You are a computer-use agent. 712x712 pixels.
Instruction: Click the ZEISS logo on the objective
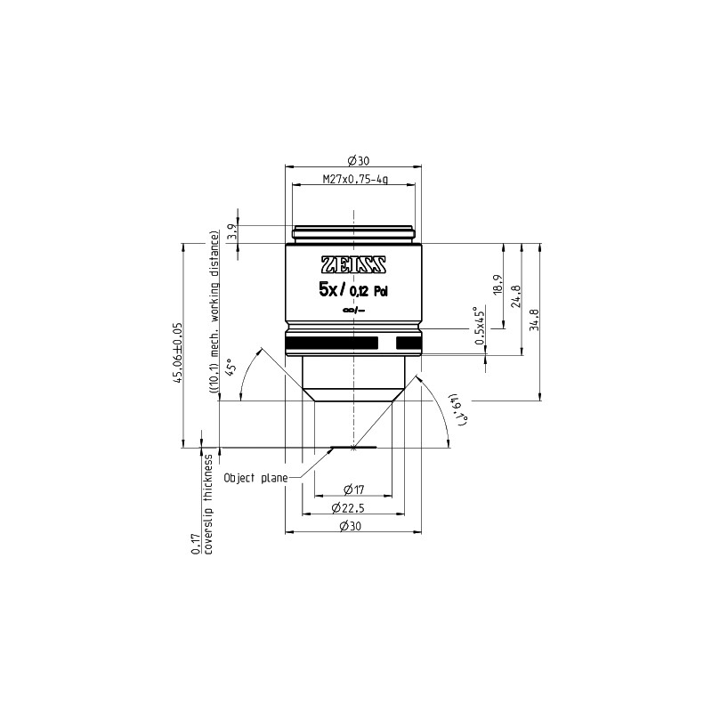tap(353, 263)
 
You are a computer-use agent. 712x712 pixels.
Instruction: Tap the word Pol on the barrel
tap(381, 289)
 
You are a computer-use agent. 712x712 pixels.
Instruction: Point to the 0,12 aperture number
tap(360, 289)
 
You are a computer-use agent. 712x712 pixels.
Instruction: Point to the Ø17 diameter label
tap(353, 489)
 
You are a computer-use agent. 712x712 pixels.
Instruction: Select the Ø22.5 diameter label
tap(353, 508)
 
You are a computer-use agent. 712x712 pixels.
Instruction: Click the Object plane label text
tap(256, 478)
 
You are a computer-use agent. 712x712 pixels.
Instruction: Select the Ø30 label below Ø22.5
tap(353, 528)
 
